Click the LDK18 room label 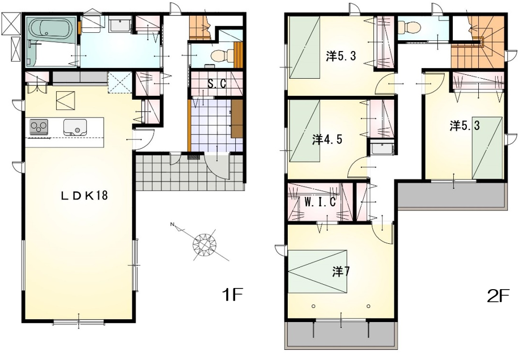(84, 195)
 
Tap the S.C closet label (216, 83)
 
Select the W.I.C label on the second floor (320, 202)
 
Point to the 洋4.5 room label (327, 139)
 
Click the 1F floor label (232, 294)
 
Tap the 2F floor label (498, 295)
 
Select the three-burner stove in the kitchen (39, 127)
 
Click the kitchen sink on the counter (75, 127)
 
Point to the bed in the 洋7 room (317, 272)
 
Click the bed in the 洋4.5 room (304, 131)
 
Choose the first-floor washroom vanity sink (120, 24)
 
